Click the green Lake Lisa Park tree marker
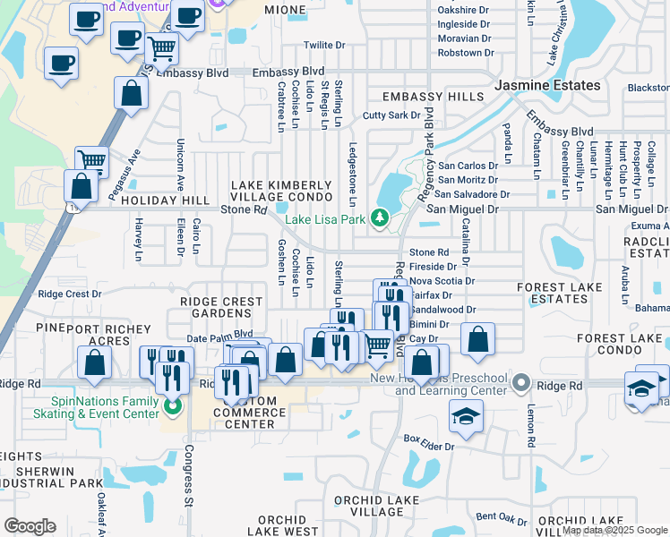(x=380, y=218)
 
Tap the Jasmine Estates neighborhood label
(x=547, y=85)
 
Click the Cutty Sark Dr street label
(x=391, y=115)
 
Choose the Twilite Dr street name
(x=323, y=46)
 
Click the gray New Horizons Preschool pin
(x=523, y=384)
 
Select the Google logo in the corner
(x=30, y=525)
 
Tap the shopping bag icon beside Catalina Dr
(x=478, y=339)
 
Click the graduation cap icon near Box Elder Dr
(x=467, y=415)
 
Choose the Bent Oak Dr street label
(x=501, y=517)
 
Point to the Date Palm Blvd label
(x=214, y=337)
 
